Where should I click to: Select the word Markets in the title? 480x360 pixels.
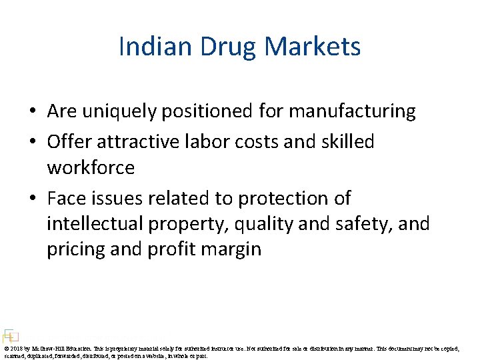(313, 47)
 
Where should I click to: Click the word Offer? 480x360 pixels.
(69, 141)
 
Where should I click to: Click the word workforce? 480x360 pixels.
(91, 168)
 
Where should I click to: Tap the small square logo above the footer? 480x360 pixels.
(9, 335)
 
